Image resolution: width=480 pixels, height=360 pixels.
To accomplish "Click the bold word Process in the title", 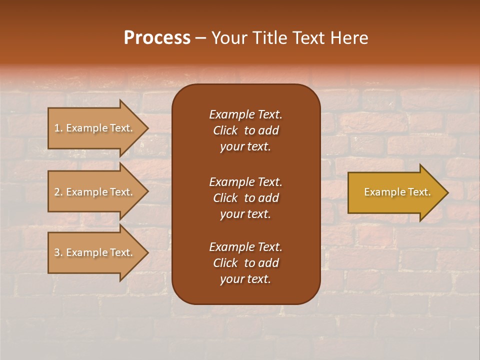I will [157, 38].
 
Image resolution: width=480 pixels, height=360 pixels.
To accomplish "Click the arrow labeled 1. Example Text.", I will [95, 128].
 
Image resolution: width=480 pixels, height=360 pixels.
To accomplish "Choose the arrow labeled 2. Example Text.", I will [95, 192].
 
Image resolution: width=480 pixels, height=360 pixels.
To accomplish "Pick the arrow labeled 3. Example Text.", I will [95, 252].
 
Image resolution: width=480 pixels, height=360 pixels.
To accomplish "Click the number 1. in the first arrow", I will [58, 128].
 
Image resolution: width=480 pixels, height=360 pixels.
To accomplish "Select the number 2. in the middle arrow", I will [58, 192].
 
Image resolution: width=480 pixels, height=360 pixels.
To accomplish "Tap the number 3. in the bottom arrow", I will [58, 252].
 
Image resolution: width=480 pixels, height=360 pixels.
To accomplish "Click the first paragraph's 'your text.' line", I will [245, 147].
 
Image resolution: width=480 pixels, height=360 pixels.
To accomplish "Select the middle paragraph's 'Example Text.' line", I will [245, 182].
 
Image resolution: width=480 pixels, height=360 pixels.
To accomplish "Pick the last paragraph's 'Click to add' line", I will [245, 263].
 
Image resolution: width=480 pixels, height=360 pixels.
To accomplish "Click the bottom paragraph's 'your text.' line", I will [245, 279].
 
